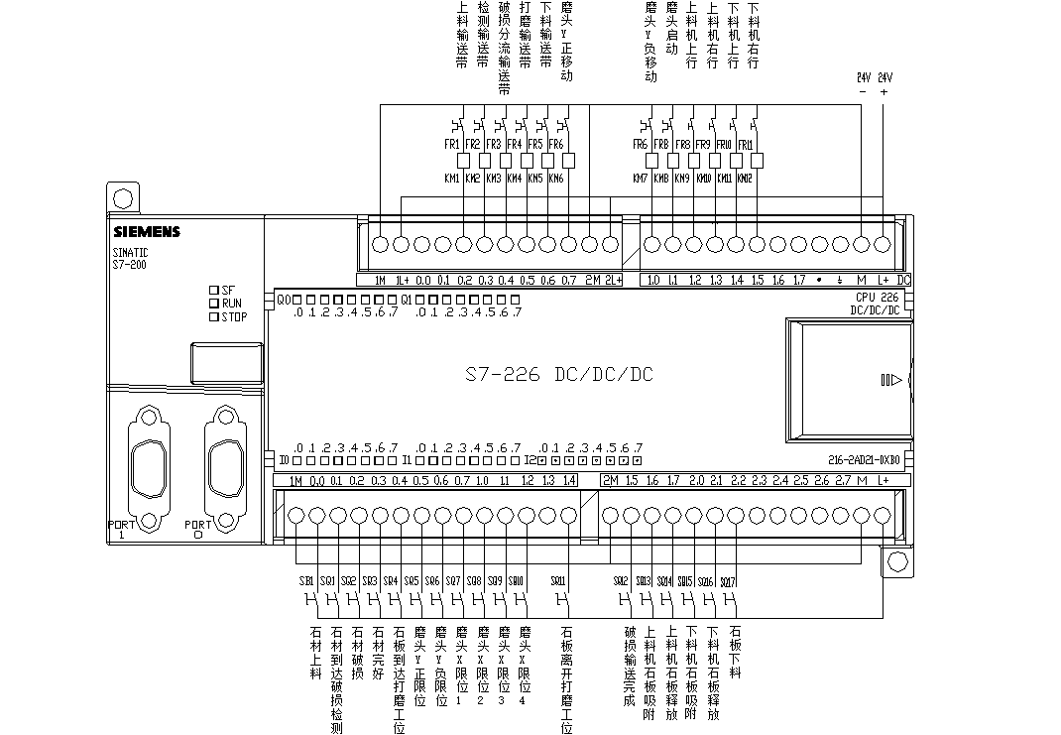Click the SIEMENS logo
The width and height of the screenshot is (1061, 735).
(x=146, y=232)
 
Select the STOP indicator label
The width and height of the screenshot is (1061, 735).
(x=234, y=317)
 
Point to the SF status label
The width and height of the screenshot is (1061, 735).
(x=228, y=290)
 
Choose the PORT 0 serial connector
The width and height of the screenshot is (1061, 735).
(x=220, y=464)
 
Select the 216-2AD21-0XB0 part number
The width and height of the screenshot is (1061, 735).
(x=864, y=460)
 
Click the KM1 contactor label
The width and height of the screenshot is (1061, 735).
(x=452, y=179)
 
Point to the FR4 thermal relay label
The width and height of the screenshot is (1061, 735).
(x=514, y=144)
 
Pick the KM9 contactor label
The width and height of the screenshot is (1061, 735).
(x=682, y=179)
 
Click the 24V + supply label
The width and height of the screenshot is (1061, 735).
(x=884, y=82)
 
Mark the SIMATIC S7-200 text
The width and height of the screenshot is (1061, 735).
(x=131, y=258)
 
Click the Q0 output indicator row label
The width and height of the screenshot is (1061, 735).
(x=283, y=299)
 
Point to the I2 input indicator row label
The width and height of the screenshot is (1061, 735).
(x=530, y=460)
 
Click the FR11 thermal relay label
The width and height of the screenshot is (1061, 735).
(x=746, y=145)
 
